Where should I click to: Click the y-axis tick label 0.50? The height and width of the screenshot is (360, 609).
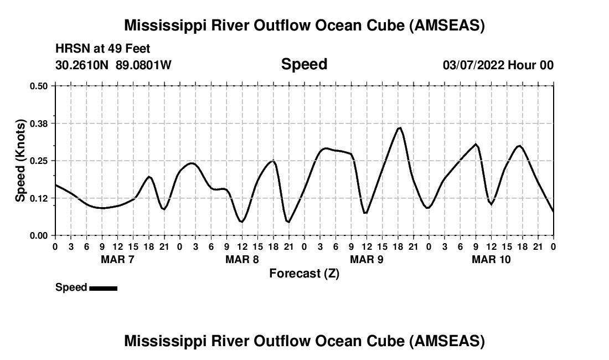coord(39,86)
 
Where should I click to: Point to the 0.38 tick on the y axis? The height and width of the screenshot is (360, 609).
coord(39,123)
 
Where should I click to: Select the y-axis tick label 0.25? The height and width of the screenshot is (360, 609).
coord(39,161)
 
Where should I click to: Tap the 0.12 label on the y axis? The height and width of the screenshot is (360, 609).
coord(39,198)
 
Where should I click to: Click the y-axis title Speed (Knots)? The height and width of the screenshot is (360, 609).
coord(20,161)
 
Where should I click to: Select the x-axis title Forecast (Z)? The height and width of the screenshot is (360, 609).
coord(304,274)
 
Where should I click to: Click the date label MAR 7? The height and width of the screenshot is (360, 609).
coord(117,260)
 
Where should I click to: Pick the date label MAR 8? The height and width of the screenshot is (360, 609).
coord(242,260)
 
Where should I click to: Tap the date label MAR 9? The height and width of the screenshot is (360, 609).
coord(367,260)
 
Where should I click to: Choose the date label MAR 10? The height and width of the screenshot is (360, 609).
coord(491,260)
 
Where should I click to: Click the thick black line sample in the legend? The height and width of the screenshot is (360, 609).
coord(103,288)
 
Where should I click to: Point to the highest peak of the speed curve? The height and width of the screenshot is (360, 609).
coord(399,128)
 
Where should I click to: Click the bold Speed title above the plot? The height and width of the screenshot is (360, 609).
coord(304,64)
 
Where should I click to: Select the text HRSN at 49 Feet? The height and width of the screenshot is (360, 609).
coord(102,49)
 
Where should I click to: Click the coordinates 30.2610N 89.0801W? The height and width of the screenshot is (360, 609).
coord(113,65)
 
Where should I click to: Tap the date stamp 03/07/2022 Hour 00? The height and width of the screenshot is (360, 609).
coord(498,65)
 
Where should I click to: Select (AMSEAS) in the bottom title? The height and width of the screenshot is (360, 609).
coord(447,341)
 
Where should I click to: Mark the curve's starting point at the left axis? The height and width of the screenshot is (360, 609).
coord(55,184)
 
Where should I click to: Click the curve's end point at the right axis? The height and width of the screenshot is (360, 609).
coord(553,212)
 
